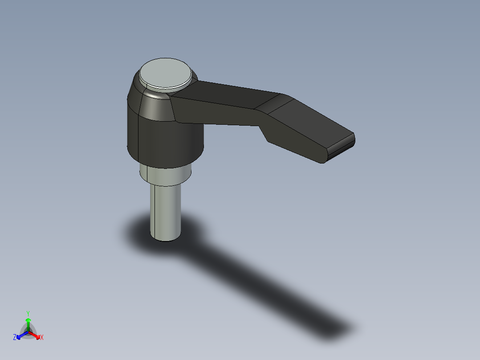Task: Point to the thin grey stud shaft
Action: coord(165,209)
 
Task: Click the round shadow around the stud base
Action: coord(134,232)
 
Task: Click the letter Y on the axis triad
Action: coord(28,313)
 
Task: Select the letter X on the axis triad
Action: coord(41,338)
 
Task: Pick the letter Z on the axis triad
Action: coord(15,337)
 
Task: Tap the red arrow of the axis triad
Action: coord(36,335)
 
